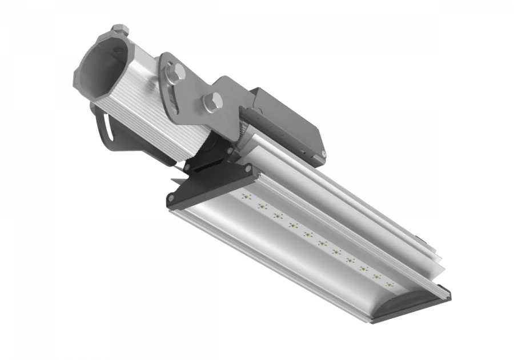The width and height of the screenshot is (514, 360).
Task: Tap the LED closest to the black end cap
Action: pos(247,197)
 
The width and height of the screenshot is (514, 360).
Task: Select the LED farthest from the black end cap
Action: pos(391,283)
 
